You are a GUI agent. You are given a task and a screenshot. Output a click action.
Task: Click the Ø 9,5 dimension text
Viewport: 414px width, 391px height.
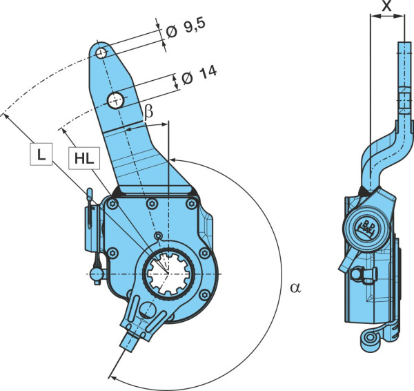[x=186, y=29]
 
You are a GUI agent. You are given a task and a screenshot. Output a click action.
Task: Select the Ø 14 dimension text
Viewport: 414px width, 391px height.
[x=199, y=76]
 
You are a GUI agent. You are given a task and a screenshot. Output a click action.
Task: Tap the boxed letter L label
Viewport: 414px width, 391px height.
[x=41, y=154]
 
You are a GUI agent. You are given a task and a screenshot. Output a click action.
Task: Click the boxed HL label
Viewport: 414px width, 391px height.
[x=84, y=158]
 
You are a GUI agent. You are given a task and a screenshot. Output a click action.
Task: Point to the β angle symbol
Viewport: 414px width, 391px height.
[x=148, y=112]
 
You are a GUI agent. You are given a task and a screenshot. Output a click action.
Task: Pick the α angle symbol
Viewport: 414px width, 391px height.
[x=295, y=287]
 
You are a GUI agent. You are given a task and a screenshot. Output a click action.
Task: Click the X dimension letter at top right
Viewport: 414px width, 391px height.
[x=387, y=6]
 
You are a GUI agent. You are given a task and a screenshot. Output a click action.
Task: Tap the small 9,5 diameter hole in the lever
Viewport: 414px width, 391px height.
[x=101, y=53]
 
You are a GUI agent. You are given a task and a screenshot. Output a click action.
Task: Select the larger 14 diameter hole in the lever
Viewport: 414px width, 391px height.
[x=116, y=100]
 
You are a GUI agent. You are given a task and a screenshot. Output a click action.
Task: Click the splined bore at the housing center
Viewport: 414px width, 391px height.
[x=169, y=274]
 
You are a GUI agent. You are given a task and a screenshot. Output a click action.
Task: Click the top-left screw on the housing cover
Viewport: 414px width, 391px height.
[x=113, y=204]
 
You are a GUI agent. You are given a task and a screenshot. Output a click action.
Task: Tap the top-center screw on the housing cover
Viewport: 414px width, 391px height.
[x=152, y=204]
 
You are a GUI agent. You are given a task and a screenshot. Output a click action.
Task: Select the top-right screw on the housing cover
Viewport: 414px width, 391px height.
[x=191, y=204]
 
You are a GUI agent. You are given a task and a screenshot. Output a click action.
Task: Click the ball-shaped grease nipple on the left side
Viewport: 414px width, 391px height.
[x=97, y=275]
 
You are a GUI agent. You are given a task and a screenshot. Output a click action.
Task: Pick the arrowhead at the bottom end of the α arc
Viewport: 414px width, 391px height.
[x=112, y=377]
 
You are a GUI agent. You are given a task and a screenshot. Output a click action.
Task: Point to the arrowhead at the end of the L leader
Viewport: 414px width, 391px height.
[x=6, y=116]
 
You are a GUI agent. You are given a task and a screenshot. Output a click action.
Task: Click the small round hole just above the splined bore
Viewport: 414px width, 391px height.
[x=158, y=236]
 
